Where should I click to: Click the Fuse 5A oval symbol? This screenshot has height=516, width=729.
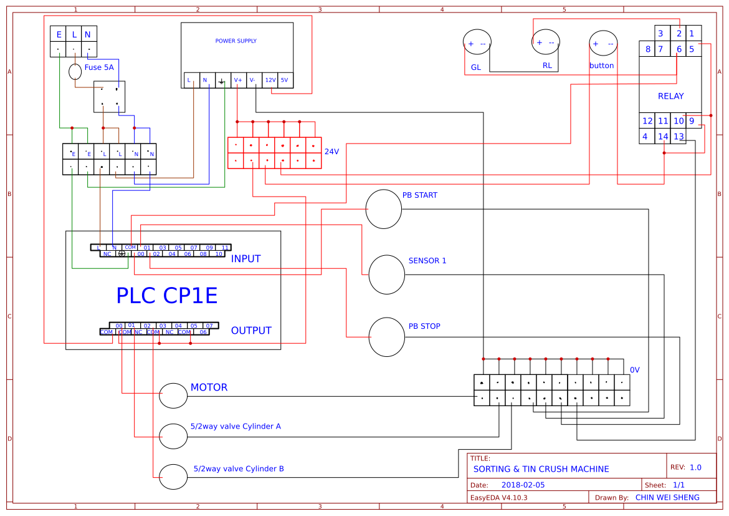point(75,72)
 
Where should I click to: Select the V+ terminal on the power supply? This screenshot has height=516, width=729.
point(238,80)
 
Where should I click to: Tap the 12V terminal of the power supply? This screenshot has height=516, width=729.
point(270,80)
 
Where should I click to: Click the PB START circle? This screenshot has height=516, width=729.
point(383,210)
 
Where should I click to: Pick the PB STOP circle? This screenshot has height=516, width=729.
point(387,337)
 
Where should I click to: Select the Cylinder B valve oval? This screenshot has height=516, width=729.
point(173,477)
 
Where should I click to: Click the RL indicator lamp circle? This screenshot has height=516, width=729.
point(546,42)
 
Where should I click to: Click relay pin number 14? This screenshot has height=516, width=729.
point(663,137)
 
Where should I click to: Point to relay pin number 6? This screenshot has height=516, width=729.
point(679,49)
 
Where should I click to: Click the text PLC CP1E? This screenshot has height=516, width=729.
point(167,295)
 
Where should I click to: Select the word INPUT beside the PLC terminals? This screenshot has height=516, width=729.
point(245,258)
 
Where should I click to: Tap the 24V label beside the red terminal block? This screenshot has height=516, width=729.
point(331,152)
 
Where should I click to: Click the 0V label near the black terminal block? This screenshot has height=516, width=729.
point(635,370)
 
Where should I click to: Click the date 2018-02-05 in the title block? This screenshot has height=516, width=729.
point(523,485)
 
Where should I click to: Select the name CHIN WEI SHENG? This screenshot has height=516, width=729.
point(667,497)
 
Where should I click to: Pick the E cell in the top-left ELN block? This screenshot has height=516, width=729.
point(59,34)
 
